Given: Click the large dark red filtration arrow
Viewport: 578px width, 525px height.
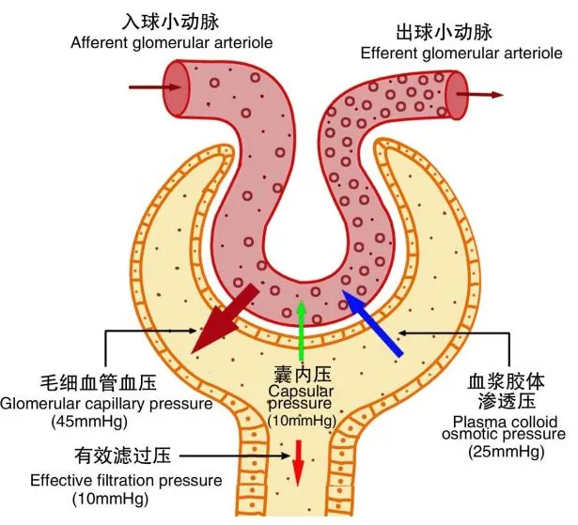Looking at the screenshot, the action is [x=226, y=318].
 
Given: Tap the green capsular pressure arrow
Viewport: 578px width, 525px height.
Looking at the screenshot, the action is [x=302, y=331].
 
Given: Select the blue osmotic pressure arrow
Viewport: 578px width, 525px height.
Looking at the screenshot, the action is [x=372, y=323].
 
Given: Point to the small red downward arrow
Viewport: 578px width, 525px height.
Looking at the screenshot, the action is [x=298, y=463].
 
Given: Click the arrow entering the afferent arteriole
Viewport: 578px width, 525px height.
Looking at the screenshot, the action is [x=155, y=87].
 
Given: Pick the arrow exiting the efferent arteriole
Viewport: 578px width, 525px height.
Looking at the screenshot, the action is [x=480, y=94].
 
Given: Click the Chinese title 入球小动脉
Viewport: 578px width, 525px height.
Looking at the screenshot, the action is [x=170, y=22].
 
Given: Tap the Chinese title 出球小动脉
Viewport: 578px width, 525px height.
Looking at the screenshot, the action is [x=444, y=32].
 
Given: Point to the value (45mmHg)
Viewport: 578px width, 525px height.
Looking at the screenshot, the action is [x=89, y=422].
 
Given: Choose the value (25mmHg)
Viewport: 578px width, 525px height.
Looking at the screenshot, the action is [x=507, y=452].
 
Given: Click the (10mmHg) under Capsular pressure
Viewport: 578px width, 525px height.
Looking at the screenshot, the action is [x=302, y=421].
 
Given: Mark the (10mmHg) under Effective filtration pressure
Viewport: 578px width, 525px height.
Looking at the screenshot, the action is [x=111, y=500].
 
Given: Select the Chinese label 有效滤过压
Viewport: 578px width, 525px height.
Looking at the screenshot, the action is [x=123, y=456].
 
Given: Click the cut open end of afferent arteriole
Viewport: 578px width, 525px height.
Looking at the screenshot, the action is [x=177, y=88].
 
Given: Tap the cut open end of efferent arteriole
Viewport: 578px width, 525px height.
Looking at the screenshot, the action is [x=457, y=96].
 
